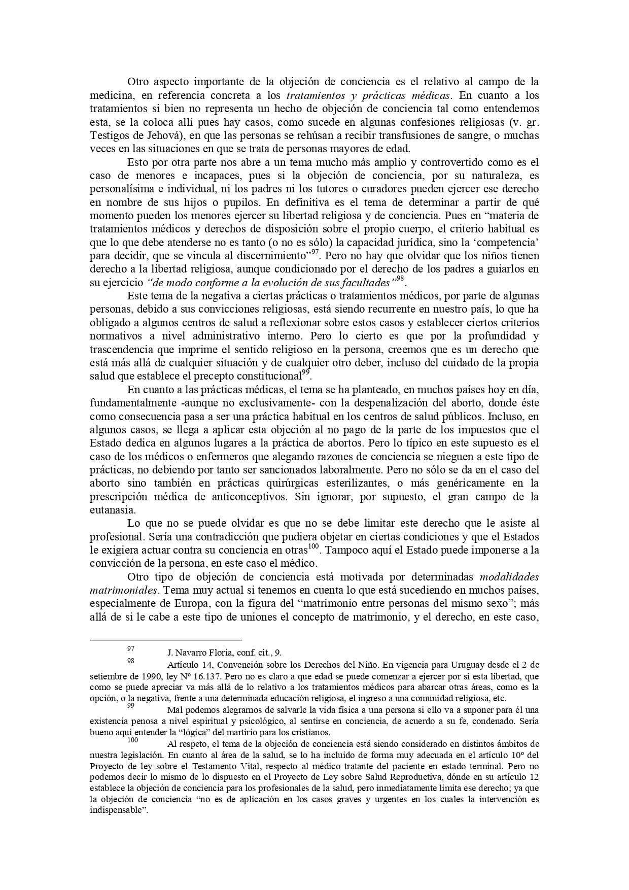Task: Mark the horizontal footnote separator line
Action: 165,640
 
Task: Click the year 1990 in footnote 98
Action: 138,676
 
